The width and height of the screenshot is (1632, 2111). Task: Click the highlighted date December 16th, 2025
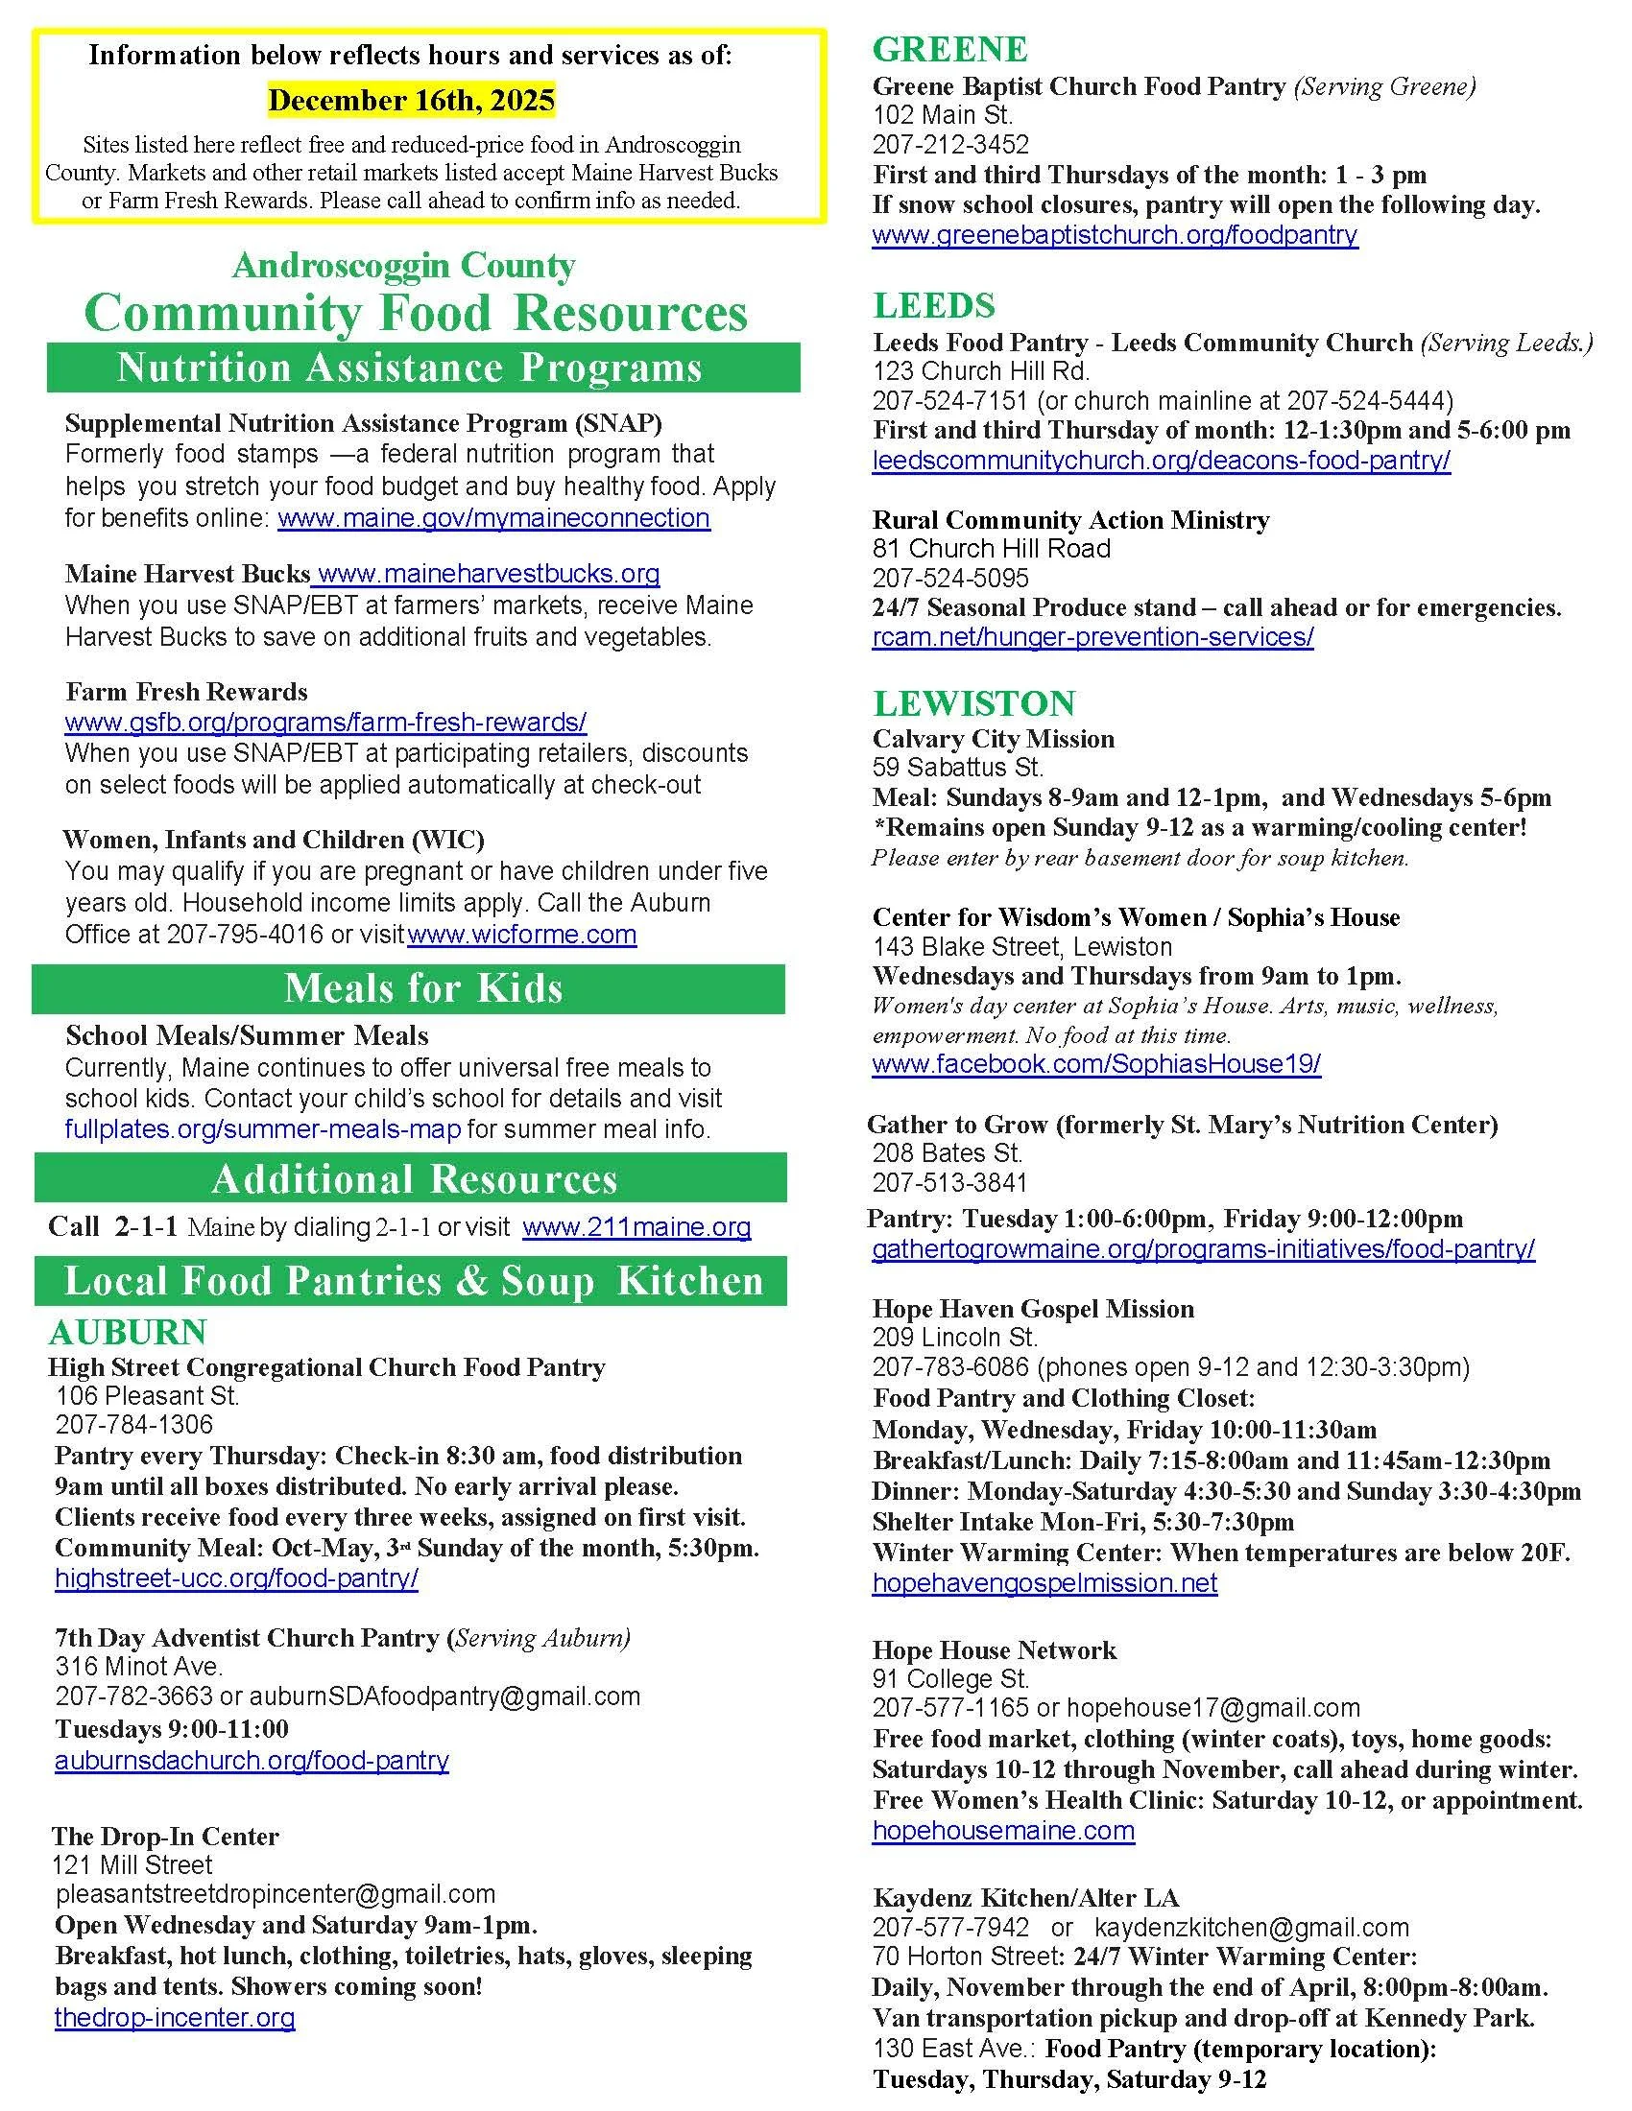click(x=411, y=101)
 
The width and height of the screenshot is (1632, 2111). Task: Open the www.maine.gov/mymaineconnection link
click(x=493, y=518)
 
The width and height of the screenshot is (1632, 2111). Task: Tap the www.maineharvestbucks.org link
click(x=489, y=574)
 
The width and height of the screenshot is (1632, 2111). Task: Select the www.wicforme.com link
click(x=522, y=935)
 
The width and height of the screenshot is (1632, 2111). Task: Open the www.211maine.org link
click(x=636, y=1227)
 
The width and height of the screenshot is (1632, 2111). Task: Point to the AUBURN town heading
click(x=128, y=1332)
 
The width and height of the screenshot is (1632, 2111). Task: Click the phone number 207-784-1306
click(x=134, y=1425)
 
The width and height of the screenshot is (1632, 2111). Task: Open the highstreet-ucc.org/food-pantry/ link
click(x=237, y=1578)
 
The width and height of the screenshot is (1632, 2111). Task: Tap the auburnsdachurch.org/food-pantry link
click(x=252, y=1760)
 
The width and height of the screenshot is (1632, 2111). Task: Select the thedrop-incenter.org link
click(x=175, y=2017)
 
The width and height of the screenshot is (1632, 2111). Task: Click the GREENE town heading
click(x=949, y=49)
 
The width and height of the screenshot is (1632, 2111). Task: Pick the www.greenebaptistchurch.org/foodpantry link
click(x=1115, y=235)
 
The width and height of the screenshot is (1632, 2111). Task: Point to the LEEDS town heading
click(x=934, y=305)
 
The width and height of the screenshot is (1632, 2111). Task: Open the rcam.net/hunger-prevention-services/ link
click(x=1092, y=637)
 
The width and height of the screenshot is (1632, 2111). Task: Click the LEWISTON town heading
click(x=973, y=702)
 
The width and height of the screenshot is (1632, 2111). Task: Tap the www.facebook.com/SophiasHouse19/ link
click(x=1096, y=1064)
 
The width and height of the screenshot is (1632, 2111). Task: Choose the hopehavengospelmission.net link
click(x=1044, y=1583)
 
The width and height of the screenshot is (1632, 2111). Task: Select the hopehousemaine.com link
click(x=1003, y=1831)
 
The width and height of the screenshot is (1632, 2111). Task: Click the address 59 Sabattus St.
click(x=957, y=769)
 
